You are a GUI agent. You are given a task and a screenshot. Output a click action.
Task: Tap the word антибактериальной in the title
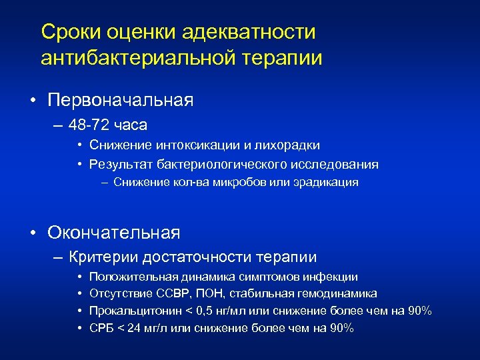coord(137,58)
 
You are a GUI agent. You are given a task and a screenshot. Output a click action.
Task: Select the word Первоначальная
coord(121,101)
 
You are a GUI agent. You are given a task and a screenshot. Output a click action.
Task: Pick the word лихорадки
coord(289,145)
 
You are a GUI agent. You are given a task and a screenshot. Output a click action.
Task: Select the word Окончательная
coord(114,233)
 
